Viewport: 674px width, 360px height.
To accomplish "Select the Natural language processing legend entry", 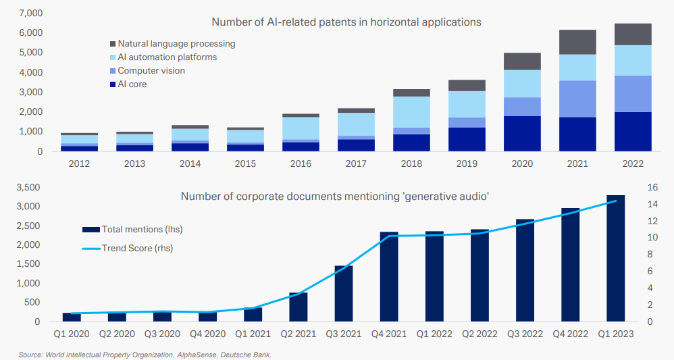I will (x=176, y=43).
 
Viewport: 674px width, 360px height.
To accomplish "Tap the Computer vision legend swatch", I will (x=112, y=71).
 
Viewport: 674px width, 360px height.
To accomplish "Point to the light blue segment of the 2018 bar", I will (x=411, y=112).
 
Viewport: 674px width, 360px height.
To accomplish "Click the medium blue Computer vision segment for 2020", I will (x=522, y=107).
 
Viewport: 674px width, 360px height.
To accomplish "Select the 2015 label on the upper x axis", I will (x=245, y=163).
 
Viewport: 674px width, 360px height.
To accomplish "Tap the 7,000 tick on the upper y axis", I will (x=31, y=13).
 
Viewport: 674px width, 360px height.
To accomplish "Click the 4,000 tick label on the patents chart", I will (x=31, y=72).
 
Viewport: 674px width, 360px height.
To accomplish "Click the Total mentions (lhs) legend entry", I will (x=142, y=230).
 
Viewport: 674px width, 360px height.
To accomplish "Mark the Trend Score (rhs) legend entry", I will (x=137, y=248).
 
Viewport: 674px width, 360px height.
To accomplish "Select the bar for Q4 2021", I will (x=389, y=277).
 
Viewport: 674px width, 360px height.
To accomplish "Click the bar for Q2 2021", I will (x=299, y=307).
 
